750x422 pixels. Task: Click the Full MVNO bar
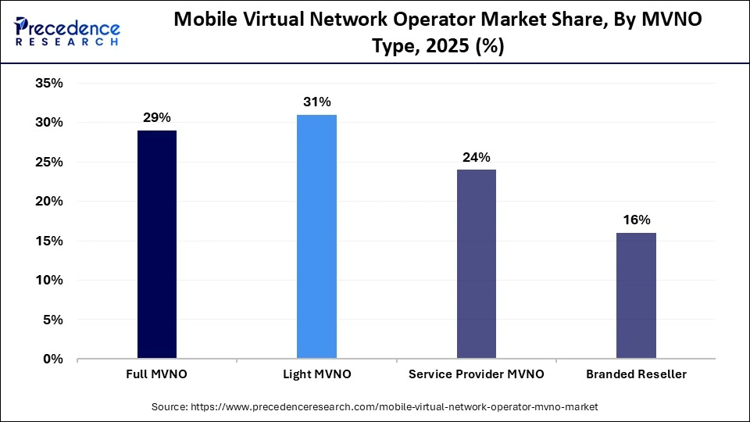tap(157, 245)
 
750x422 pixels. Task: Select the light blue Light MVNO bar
tap(316, 237)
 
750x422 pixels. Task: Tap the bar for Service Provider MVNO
tap(476, 264)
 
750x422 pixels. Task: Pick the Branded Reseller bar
tap(636, 295)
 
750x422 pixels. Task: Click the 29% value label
tap(157, 118)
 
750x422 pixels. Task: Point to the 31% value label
tap(316, 102)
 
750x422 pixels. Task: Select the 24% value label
tap(476, 157)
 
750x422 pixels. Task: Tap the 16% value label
tap(636, 220)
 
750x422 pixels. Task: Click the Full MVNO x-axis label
tap(157, 374)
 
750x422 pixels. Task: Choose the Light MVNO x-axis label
tap(316, 374)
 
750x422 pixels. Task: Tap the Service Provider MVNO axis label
tap(476, 374)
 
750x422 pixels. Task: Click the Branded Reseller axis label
tap(636, 374)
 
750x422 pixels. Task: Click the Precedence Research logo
tap(66, 31)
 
